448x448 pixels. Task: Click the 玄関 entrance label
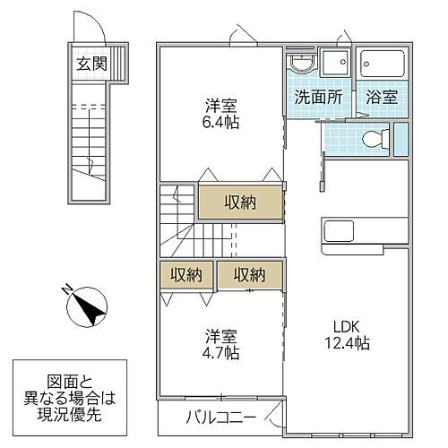pyautogui.click(x=88, y=64)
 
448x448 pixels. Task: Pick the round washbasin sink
pyautogui.click(x=301, y=65)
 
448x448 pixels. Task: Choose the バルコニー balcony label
pyautogui.click(x=221, y=418)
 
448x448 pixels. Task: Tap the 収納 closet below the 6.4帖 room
pyautogui.click(x=240, y=202)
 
